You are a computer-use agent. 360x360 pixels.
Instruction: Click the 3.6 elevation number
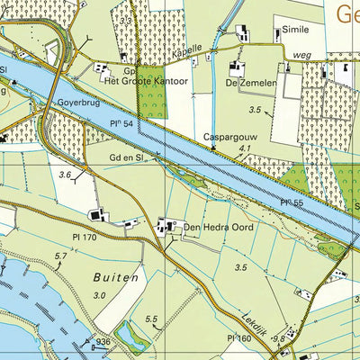point(64,175)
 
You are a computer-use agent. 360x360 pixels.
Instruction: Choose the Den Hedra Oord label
point(219,228)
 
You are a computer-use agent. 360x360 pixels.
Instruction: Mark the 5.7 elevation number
point(60,257)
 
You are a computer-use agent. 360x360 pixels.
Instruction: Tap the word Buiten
point(116,278)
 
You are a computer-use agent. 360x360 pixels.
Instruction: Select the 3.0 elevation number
point(101,295)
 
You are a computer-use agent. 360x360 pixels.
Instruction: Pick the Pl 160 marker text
point(239,337)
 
